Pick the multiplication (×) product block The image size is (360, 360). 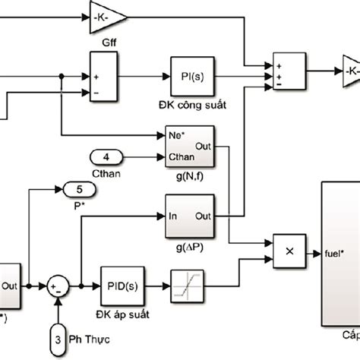pos(289,250)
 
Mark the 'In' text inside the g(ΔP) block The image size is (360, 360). pos(174,216)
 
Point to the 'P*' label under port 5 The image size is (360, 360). pos(75,204)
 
